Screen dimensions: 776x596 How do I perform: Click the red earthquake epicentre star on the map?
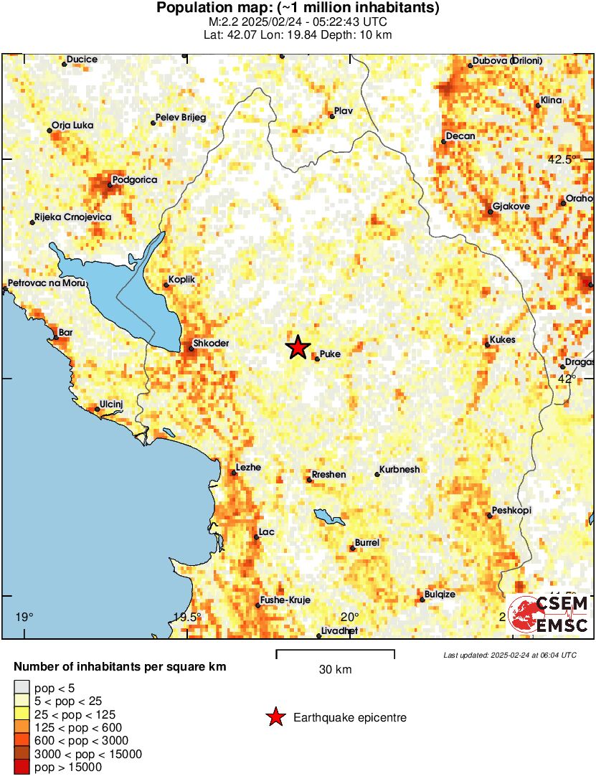click(x=298, y=348)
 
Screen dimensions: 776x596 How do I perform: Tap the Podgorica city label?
click(x=135, y=179)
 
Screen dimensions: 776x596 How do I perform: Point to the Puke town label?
click(x=330, y=354)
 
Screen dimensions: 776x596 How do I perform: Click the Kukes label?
click(x=503, y=340)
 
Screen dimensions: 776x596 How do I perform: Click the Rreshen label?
click(x=328, y=475)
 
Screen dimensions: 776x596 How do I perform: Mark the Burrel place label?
click(x=367, y=543)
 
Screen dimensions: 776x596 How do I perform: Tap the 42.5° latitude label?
click(x=562, y=160)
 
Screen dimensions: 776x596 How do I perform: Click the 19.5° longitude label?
click(x=188, y=617)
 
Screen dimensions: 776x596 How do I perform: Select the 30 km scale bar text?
click(x=335, y=670)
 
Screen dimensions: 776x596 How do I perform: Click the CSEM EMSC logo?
click(x=549, y=615)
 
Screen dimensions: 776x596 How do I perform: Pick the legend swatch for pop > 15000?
click(x=22, y=767)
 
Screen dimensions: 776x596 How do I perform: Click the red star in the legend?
click(x=275, y=717)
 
